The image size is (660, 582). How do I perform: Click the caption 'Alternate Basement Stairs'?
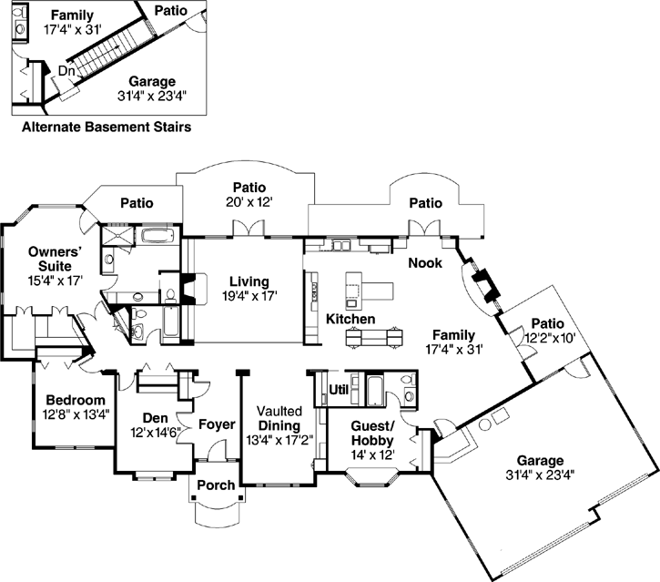point(106,128)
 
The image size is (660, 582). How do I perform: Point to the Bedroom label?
point(76,400)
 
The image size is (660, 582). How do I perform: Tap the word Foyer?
point(216,424)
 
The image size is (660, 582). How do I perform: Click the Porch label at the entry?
point(216,485)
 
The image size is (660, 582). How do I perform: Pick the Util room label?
point(338,389)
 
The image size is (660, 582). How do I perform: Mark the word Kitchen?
point(351,320)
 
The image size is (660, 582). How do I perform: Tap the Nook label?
point(425,262)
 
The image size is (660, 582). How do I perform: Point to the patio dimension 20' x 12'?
point(248,200)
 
